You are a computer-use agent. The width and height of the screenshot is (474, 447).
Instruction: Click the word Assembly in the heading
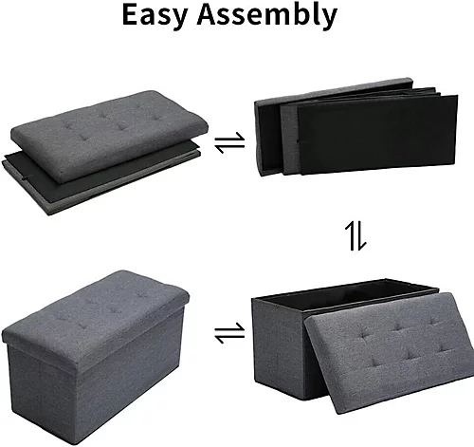tap(274, 16)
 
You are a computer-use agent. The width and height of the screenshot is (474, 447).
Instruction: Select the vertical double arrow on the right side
tap(355, 237)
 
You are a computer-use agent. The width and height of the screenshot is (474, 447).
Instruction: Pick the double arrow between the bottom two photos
tap(228, 333)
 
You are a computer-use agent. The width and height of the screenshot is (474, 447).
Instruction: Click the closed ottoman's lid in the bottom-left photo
tap(95, 304)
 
